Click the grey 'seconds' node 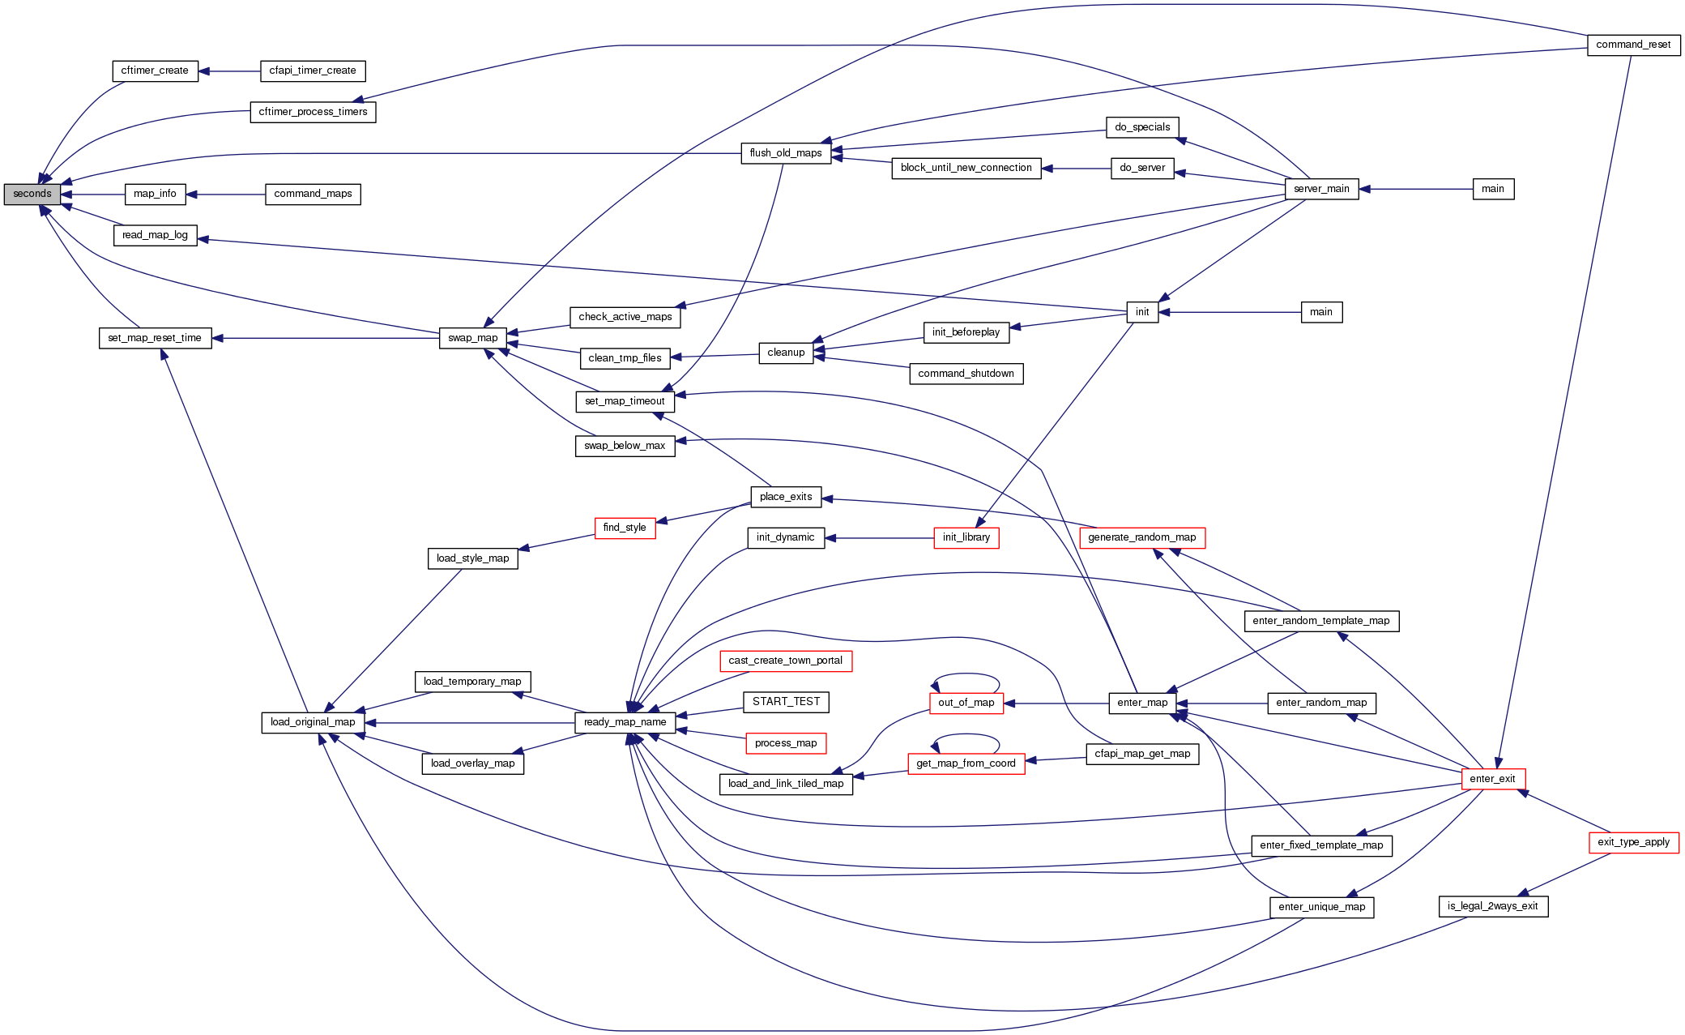pos(32,195)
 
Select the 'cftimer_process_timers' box pos(313,112)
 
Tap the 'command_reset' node pos(1633,45)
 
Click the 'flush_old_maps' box pos(786,153)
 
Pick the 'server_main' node pos(1321,190)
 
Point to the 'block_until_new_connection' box pos(966,169)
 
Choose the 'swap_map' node pos(473,338)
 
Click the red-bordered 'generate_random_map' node pos(1141,538)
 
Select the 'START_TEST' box pos(786,702)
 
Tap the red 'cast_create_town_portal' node pos(785,661)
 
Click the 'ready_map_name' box pos(625,723)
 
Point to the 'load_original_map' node pos(313,723)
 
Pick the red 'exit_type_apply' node pos(1633,843)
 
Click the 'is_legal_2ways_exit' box pos(1492,907)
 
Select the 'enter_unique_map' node pos(1321,908)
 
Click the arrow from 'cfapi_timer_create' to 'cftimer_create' pos(228,71)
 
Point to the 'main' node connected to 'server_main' pos(1492,190)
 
